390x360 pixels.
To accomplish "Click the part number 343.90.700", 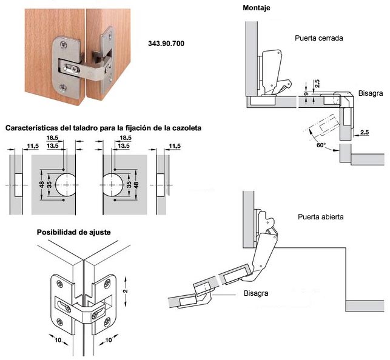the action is tap(166, 44).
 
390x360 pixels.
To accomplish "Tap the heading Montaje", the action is tap(257, 8).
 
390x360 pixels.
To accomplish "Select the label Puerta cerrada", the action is tap(319, 38).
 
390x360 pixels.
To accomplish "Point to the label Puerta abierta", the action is tap(321, 217).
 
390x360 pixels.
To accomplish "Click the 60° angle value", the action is tap(321, 145).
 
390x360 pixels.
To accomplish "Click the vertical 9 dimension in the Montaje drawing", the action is tap(306, 94).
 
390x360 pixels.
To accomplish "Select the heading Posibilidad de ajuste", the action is tap(73, 232).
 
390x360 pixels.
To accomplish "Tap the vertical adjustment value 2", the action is tap(126, 291).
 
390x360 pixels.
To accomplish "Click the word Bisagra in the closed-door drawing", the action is tap(371, 93).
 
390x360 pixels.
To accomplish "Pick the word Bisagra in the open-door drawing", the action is tap(256, 293).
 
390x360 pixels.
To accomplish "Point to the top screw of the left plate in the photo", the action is tap(64, 45).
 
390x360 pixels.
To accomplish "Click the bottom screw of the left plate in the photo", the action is tap(63, 87).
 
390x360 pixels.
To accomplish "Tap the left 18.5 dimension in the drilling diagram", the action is tap(52, 138).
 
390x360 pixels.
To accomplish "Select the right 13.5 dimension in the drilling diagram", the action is tap(124, 145).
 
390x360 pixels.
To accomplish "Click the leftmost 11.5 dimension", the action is tap(33, 146).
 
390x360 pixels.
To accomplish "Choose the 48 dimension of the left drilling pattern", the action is tap(42, 185).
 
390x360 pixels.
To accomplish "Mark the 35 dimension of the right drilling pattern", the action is tap(129, 185).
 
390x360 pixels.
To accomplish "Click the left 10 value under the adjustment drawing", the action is tap(58, 339).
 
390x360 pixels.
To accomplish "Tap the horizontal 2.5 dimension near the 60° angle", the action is tap(365, 132).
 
